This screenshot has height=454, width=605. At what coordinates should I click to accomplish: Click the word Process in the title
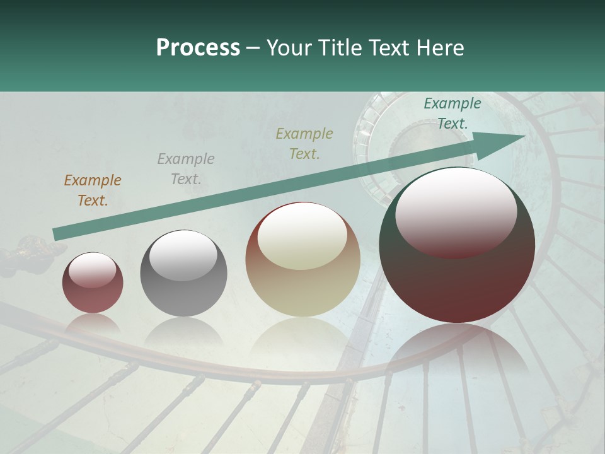(x=198, y=48)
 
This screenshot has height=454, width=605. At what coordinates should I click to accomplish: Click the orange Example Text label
(x=93, y=190)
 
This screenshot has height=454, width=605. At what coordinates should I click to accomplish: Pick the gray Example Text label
(x=186, y=169)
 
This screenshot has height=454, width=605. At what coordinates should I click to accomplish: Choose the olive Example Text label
(x=304, y=143)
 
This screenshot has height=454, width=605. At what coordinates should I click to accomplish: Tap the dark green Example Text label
(x=452, y=113)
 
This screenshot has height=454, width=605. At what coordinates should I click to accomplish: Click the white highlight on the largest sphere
(x=456, y=211)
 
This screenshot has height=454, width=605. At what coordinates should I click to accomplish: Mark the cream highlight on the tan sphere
(x=302, y=236)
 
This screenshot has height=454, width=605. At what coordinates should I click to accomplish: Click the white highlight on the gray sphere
(x=183, y=255)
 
